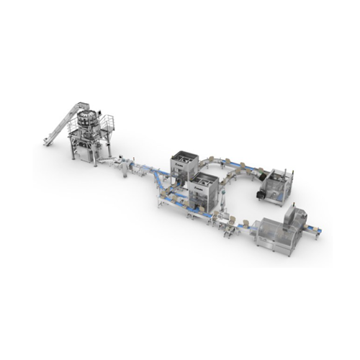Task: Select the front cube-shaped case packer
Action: (x=205, y=189)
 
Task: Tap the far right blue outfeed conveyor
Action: (x=318, y=230)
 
